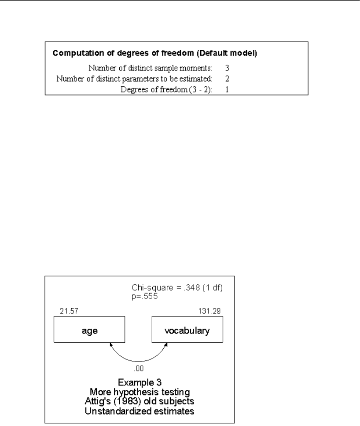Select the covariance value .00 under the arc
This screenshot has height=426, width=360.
pos(137,366)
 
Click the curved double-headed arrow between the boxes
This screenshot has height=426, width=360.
pos(137,356)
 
